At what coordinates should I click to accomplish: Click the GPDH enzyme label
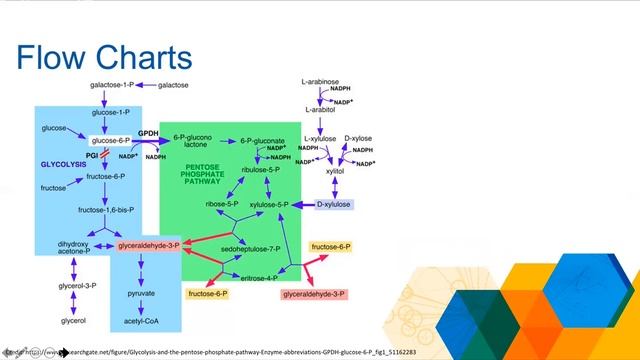(148, 132)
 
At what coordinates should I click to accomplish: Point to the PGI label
(92, 155)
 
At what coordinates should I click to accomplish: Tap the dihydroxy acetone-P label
(74, 247)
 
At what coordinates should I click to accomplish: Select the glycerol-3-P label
(75, 287)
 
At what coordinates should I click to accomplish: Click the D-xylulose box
(334, 204)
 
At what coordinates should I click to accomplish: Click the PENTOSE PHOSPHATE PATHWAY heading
(204, 175)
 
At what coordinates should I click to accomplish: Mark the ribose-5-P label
(221, 204)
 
